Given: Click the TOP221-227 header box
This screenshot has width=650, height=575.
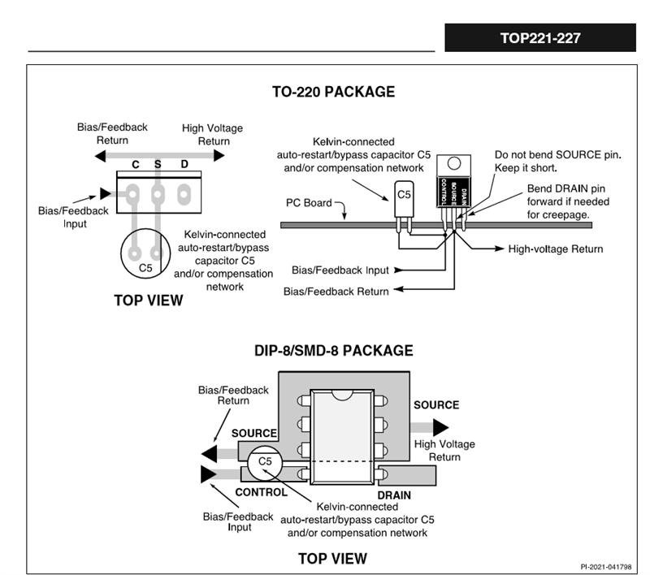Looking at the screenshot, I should [x=539, y=37].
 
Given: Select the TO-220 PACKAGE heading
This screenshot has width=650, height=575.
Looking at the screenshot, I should [x=333, y=92].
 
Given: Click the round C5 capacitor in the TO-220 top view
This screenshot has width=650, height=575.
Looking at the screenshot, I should [x=145, y=258].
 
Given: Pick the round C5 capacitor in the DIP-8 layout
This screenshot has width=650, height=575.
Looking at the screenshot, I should [x=264, y=462].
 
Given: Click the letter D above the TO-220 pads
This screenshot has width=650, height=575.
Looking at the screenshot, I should [x=184, y=165].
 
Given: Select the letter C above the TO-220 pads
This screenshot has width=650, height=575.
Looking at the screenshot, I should [x=136, y=165].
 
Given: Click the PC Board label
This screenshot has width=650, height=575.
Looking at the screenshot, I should [x=309, y=202].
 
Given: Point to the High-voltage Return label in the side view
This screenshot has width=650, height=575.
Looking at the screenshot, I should [x=555, y=249].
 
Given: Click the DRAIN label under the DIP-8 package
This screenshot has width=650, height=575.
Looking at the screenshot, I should [x=394, y=495].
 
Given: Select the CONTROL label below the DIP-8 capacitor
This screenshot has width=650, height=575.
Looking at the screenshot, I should [x=261, y=492].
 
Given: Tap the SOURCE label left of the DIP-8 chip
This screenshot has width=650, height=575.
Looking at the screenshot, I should [x=254, y=434].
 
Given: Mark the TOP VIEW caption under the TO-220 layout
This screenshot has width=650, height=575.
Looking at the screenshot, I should [x=149, y=300].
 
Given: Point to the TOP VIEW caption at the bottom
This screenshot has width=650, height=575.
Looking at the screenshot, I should [x=332, y=558].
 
